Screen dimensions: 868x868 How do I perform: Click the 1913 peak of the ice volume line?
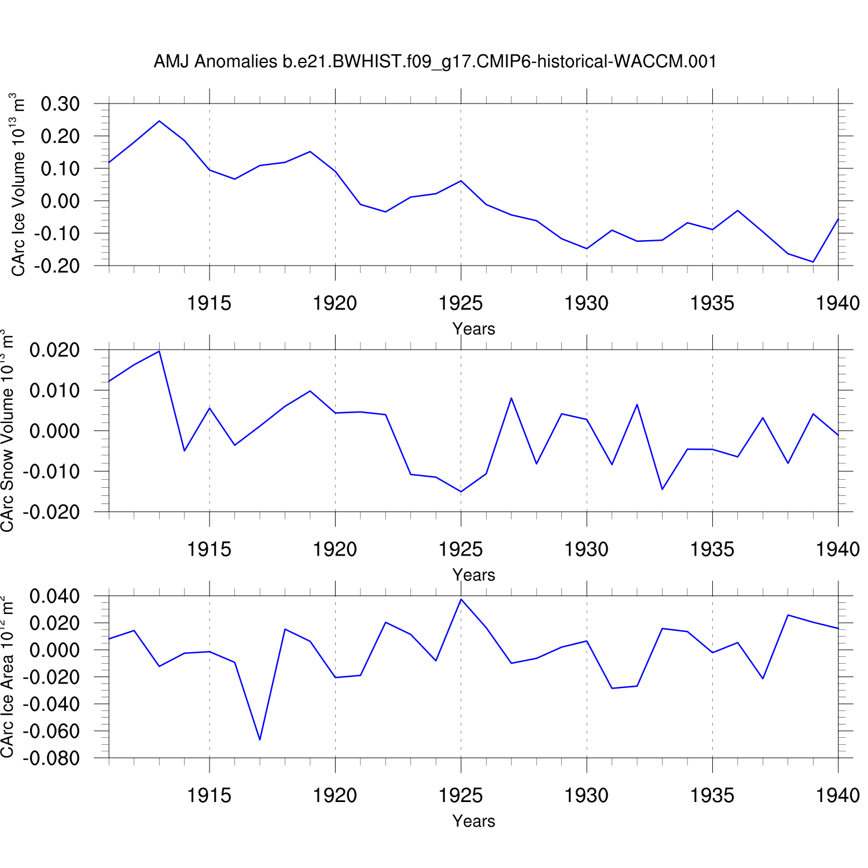click(x=159, y=121)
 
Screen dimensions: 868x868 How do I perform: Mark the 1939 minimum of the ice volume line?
click(x=813, y=262)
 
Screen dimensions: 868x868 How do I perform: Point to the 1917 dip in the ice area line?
click(x=260, y=740)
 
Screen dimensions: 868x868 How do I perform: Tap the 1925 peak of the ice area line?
click(x=461, y=599)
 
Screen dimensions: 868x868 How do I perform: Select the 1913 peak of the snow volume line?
click(x=159, y=351)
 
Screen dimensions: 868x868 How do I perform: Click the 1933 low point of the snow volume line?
click(x=662, y=490)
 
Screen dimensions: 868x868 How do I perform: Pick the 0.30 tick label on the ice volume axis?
click(x=60, y=104)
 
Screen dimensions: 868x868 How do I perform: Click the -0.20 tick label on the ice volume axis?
click(x=57, y=266)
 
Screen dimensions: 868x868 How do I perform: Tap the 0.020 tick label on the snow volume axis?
click(x=54, y=350)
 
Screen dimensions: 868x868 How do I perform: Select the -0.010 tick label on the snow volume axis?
click(x=51, y=472)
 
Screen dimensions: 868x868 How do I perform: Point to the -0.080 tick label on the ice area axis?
click(x=51, y=758)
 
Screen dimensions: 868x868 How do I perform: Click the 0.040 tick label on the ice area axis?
click(x=54, y=596)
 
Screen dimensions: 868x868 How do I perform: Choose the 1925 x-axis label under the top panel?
click(x=461, y=303)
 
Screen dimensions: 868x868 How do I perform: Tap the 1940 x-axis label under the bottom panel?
click(x=838, y=795)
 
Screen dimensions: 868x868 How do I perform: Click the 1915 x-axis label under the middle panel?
click(x=209, y=549)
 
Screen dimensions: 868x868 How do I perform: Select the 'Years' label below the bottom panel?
click(x=473, y=821)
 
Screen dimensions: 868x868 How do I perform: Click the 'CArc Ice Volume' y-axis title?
click(x=19, y=185)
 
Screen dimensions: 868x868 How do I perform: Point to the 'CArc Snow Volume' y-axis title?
click(x=8, y=431)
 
